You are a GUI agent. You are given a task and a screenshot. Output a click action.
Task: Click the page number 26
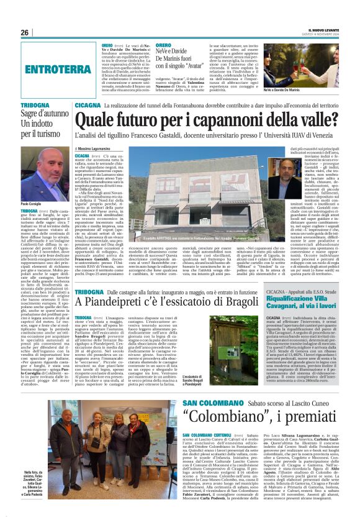[25, 32]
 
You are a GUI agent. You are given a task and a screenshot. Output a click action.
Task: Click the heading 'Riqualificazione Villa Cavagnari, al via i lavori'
[303, 301]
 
